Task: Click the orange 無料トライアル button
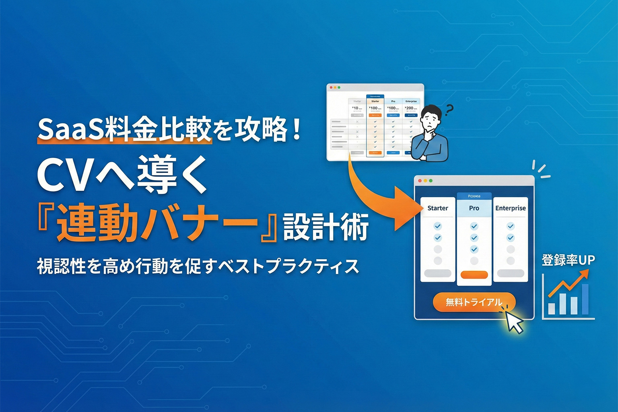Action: click(474, 302)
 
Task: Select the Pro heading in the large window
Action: click(474, 208)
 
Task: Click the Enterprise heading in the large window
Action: click(510, 208)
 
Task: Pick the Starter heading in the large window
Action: click(437, 208)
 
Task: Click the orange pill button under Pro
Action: click(474, 275)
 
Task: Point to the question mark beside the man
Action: click(449, 109)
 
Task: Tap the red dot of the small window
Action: click(331, 87)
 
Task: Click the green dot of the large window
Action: click(431, 181)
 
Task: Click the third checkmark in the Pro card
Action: click(474, 249)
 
